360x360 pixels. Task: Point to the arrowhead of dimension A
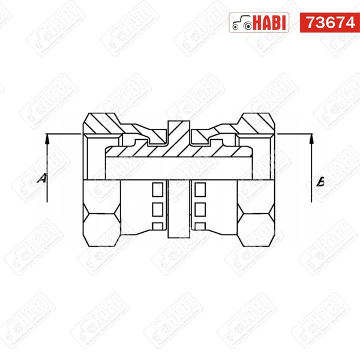47,139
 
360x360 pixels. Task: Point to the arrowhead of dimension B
311,139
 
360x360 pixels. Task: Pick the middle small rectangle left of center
158,209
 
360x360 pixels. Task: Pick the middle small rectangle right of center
200,209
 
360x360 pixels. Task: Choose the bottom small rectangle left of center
158,226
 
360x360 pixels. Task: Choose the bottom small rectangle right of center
200,226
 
